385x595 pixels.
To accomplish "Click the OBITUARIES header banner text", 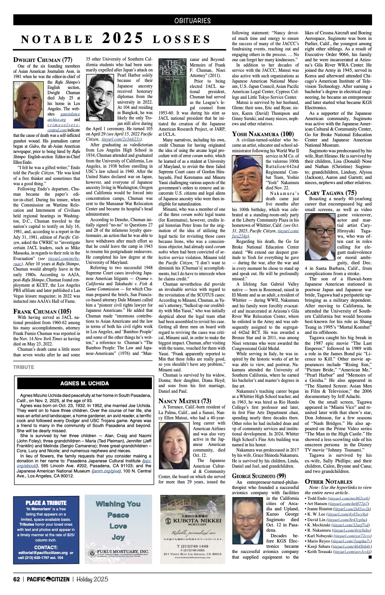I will click(x=192, y=21).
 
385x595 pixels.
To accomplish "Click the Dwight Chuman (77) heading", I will click(x=43, y=59).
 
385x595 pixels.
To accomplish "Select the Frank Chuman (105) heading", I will click(x=42, y=311).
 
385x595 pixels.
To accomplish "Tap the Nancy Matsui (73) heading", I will click(x=185, y=401).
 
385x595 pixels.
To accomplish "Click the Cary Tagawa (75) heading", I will click(x=331, y=192).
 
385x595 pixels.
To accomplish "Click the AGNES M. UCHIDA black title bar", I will click(x=84, y=383).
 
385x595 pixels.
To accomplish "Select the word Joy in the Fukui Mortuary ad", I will click(x=118, y=537).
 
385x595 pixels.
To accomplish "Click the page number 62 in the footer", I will click(x=16, y=579).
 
